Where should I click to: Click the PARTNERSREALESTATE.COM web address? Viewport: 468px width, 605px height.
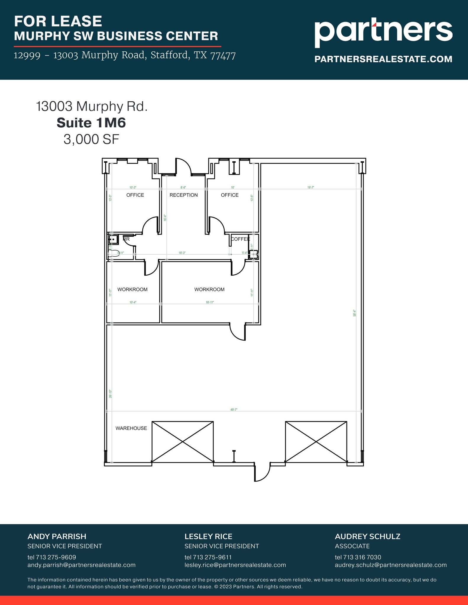click(x=383, y=59)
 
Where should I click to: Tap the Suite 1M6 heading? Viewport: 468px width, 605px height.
click(x=91, y=123)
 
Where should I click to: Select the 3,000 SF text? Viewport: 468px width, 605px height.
click(x=91, y=139)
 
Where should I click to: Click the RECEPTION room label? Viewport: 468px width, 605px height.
click(x=184, y=195)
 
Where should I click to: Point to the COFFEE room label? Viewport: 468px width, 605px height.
click(x=240, y=239)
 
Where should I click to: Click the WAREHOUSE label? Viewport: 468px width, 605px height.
click(x=131, y=428)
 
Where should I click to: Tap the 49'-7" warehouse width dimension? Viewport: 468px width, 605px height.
click(x=234, y=409)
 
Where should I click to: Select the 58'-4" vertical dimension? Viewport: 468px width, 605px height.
click(x=354, y=313)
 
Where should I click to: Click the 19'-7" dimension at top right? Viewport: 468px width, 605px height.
click(x=310, y=187)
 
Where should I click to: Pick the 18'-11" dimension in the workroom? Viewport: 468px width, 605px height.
click(x=210, y=302)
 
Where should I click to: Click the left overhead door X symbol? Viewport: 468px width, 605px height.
click(x=182, y=441)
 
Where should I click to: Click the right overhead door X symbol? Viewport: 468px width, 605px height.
click(x=316, y=441)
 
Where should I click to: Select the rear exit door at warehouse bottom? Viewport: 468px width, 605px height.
click(x=262, y=473)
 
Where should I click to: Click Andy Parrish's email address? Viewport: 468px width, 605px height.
click(x=81, y=565)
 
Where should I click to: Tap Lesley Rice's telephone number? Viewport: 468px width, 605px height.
click(x=208, y=557)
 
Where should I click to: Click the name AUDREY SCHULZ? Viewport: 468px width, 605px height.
click(x=367, y=536)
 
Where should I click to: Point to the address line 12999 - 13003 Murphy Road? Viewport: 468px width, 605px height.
click(x=124, y=55)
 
